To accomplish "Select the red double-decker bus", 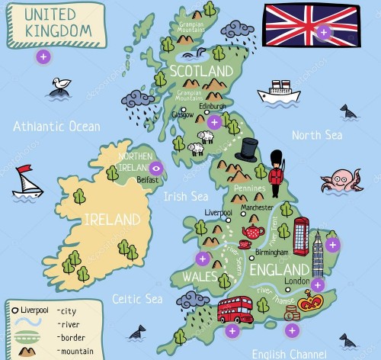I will click(x=235, y=309).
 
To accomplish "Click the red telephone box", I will click(x=302, y=236).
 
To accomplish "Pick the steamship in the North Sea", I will click(x=278, y=92).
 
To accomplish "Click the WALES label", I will click(x=199, y=276).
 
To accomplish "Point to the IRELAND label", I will click(x=112, y=220).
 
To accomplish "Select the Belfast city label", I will click(x=148, y=181).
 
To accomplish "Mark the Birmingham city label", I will click(x=272, y=252).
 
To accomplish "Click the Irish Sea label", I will click(x=184, y=196).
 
